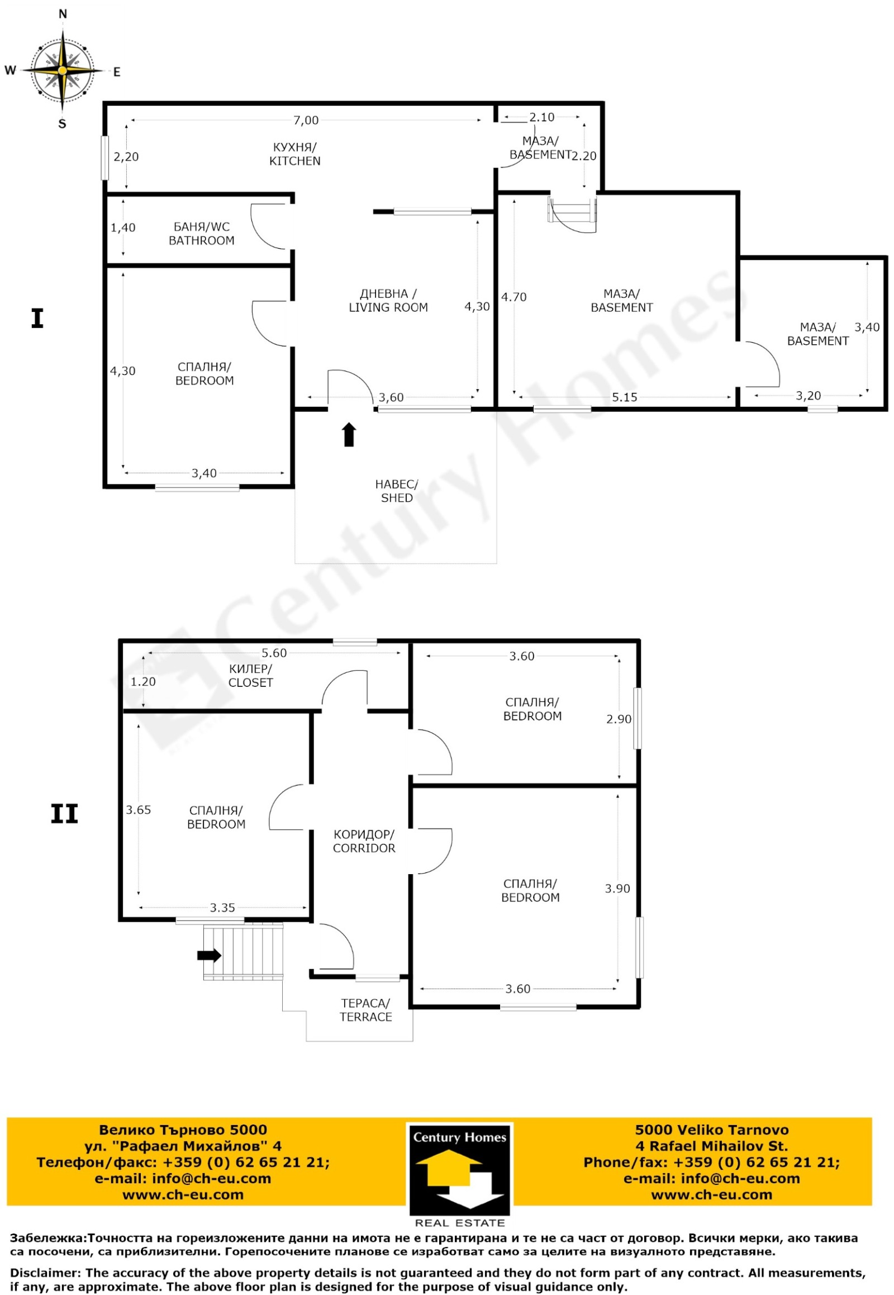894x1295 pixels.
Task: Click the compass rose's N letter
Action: (x=63, y=15)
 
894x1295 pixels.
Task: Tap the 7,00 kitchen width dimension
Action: (x=306, y=121)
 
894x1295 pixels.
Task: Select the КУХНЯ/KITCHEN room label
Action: (x=294, y=154)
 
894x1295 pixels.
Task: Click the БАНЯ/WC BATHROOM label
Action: (x=202, y=234)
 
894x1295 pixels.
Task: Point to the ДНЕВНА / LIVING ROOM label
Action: (x=388, y=300)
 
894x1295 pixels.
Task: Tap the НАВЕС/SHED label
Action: (x=397, y=491)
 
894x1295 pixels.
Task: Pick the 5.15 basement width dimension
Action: (x=624, y=397)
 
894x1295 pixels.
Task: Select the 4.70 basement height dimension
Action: (x=513, y=297)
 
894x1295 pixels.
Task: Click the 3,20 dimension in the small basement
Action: (x=808, y=396)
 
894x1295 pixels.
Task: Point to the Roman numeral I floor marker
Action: (x=37, y=318)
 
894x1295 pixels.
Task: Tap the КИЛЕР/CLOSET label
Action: (x=250, y=675)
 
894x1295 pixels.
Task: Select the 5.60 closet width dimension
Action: (x=274, y=653)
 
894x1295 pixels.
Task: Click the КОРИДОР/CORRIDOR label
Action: (x=364, y=841)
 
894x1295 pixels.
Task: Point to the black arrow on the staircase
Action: (x=210, y=955)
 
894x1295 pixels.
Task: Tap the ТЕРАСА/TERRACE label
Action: (x=366, y=1010)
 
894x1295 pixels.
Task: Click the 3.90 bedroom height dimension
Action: (x=617, y=888)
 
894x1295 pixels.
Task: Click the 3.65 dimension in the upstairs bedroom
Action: (x=139, y=809)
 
